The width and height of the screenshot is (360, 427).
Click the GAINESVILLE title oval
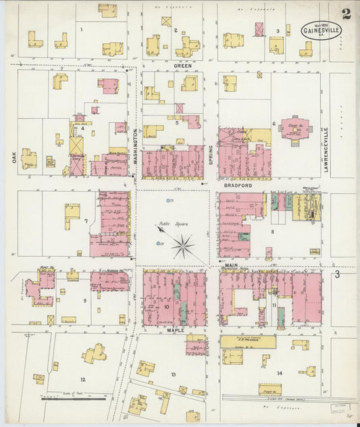pos(322,30)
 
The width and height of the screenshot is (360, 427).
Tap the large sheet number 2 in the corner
pos(346,14)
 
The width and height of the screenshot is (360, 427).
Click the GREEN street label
pos(183,66)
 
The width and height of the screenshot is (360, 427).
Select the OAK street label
pos(14,157)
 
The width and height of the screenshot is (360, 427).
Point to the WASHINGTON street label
pos(135,145)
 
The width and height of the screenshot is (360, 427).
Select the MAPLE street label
pos(175,330)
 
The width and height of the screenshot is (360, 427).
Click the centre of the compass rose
pos(182,247)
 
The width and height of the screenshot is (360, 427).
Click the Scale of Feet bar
pos(64,398)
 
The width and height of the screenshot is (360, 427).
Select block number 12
pos(82,380)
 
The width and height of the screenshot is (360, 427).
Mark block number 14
pos(279,373)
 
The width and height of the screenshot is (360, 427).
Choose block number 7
pos(86,221)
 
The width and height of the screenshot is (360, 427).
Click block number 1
pos(81,30)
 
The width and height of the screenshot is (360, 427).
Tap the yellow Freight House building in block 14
pos(269,389)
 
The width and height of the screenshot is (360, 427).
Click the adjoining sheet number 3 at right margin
pos(336,274)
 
